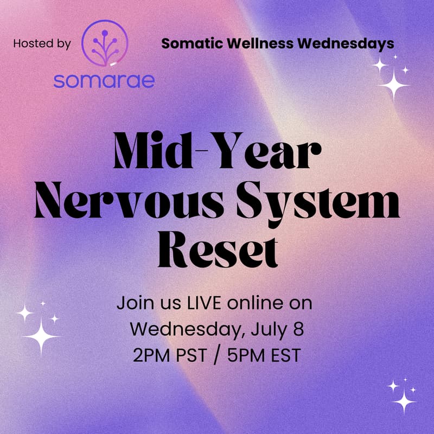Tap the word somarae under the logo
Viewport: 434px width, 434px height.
click(x=104, y=80)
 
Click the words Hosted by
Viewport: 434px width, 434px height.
click(x=42, y=43)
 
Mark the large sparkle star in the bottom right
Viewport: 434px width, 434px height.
click(x=404, y=402)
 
